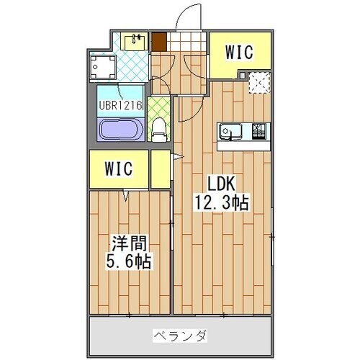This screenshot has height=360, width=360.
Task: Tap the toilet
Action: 159,130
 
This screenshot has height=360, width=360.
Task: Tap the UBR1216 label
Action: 120,104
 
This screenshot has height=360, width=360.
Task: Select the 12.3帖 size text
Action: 222,203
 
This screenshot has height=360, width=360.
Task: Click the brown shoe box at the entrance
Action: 156,40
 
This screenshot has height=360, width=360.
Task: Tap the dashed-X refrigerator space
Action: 258,84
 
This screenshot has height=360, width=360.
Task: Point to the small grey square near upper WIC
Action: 243,75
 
